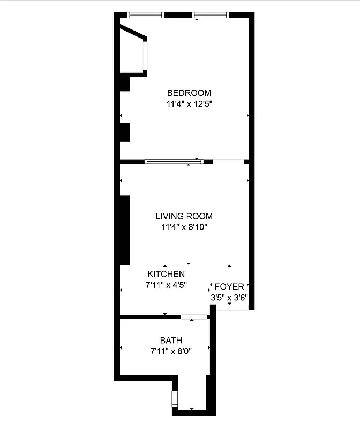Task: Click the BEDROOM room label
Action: click(189, 93)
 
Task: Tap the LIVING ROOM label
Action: click(184, 216)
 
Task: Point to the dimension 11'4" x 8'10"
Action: click(184, 227)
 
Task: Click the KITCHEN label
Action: click(166, 274)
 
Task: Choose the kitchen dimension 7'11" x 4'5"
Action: click(166, 285)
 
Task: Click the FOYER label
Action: click(229, 286)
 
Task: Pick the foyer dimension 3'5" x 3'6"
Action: click(229, 297)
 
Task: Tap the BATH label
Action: click(171, 340)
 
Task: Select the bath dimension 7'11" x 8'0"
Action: click(171, 352)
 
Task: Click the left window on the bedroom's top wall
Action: click(145, 15)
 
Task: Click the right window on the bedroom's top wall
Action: click(210, 15)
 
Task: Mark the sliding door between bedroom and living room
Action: click(174, 161)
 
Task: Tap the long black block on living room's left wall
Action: click(125, 230)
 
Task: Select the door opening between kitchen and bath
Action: click(194, 317)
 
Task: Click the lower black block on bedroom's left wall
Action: click(125, 132)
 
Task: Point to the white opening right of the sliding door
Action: click(228, 161)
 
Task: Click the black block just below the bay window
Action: click(124, 84)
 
